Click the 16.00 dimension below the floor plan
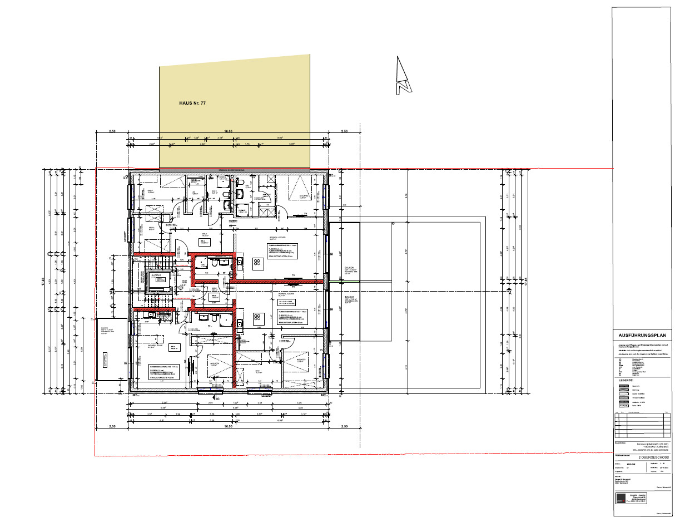click(227, 426)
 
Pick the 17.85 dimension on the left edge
click(43, 281)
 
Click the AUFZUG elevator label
click(157, 275)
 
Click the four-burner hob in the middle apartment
click(258, 318)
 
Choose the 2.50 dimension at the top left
click(112, 131)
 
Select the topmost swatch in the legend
click(624, 386)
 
